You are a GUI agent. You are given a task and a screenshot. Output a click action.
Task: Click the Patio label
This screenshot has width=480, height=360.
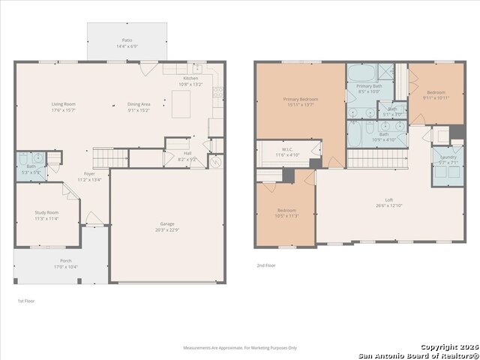point(126,42)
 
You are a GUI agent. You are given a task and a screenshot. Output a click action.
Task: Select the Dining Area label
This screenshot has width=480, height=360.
point(139,104)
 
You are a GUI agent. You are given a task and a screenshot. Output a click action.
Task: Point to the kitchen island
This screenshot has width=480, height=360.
point(181,104)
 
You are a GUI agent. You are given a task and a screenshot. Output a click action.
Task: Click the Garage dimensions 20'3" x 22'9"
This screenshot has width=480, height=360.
point(166,229)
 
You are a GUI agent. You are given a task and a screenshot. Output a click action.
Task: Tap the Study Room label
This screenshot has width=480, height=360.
point(46,213)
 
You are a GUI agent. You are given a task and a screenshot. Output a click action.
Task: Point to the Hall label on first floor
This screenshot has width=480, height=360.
point(187,154)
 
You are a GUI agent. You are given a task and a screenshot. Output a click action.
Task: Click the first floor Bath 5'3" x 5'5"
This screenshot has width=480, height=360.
point(31,167)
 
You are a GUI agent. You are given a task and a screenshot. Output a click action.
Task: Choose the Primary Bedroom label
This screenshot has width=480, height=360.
point(300,99)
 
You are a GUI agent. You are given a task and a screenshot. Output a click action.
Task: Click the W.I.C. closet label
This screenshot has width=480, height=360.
point(287,150)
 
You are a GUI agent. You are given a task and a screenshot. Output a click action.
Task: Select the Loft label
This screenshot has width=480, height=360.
point(389,199)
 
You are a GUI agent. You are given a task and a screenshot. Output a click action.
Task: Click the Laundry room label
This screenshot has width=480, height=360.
point(447,159)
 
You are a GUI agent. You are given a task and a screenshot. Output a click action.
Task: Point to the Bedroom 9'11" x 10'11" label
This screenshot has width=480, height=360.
point(436,92)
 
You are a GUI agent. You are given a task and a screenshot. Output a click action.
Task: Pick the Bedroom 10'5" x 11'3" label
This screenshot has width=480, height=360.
point(287,211)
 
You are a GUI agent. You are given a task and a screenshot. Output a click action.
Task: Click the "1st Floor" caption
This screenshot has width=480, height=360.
point(25,301)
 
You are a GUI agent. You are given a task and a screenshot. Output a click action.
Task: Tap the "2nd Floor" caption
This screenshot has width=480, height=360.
point(265,265)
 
